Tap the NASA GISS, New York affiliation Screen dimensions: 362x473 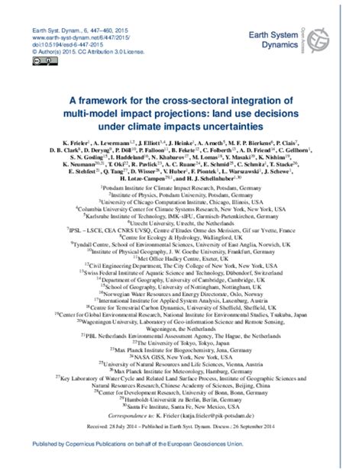coord(181,356)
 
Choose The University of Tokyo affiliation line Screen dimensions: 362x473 coord(181,340)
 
